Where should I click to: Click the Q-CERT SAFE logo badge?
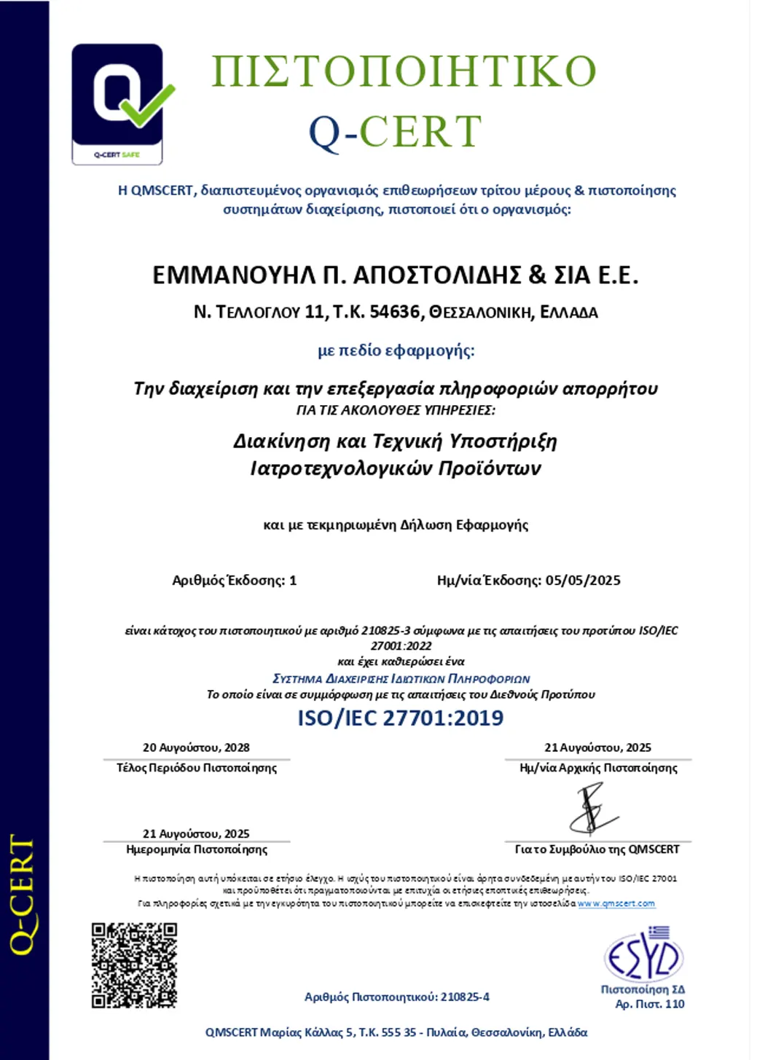118,103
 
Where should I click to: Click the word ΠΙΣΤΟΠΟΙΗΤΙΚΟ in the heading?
403,71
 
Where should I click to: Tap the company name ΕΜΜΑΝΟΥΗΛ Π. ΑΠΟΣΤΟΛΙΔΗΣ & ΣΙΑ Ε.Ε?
395,275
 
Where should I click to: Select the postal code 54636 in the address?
394,312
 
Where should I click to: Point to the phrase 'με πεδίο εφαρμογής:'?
396,350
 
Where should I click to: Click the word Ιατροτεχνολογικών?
341,468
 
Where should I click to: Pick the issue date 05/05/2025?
583,581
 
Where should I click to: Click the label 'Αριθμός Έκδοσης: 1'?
234,581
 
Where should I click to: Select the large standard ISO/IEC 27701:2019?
400,718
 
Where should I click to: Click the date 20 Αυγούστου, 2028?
196,747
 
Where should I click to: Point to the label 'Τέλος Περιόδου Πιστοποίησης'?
197,768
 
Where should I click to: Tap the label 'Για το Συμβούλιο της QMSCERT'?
597,849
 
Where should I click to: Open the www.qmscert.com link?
616,903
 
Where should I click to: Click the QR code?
134,965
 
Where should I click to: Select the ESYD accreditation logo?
643,954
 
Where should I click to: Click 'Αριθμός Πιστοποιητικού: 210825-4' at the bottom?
396,997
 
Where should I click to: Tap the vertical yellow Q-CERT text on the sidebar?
22,895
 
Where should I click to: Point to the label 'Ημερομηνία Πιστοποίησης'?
197,849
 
